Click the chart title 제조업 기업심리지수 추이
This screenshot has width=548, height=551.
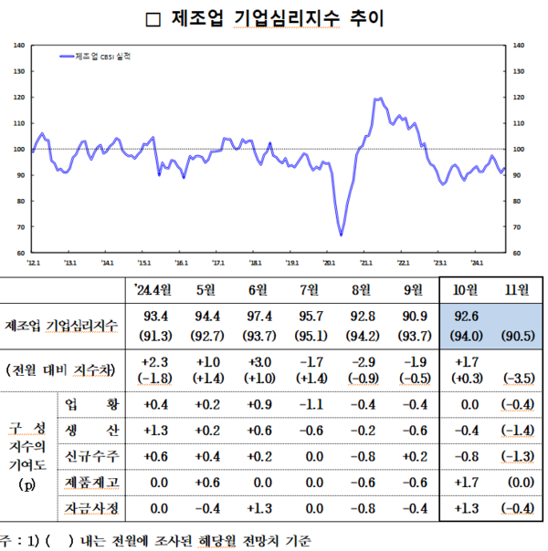274,18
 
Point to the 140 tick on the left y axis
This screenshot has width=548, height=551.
19,44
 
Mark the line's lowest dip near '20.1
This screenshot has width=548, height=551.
341,235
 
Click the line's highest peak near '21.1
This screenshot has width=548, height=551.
378,99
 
